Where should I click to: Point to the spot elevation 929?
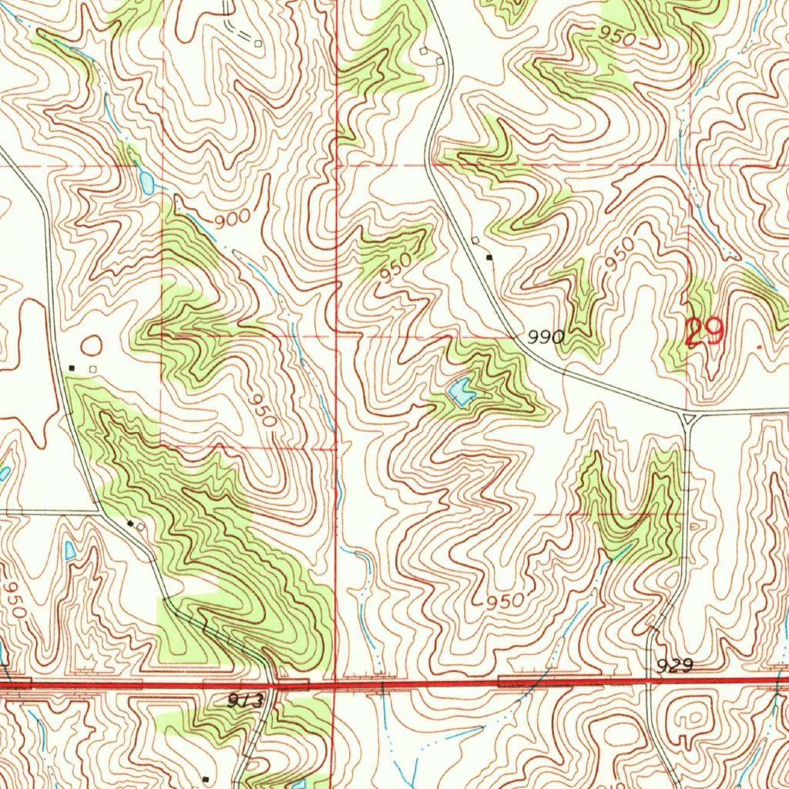[677, 665]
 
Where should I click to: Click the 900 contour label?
[233, 220]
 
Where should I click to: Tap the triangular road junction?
[688, 418]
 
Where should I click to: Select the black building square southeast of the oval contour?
[72, 368]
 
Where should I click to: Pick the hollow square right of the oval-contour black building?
[92, 369]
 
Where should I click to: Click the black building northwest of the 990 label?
[490, 257]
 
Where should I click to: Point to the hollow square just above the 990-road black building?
[476, 241]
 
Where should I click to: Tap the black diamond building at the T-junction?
[131, 525]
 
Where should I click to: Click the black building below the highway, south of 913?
[205, 778]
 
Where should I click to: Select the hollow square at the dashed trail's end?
[260, 44]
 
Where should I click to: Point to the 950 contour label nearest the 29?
[620, 254]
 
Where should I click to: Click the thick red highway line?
[462, 681]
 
